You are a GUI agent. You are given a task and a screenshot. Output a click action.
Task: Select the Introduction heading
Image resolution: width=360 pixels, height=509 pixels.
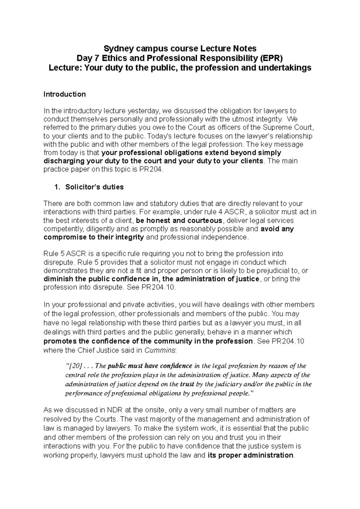pos(64,94)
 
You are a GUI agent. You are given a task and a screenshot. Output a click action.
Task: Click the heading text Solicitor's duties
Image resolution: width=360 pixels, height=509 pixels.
pos(94,187)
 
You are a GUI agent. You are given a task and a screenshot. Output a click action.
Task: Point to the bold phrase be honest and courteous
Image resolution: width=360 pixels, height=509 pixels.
pos(179,221)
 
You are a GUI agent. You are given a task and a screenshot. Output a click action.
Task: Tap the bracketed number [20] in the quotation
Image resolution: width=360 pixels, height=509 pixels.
pos(74,366)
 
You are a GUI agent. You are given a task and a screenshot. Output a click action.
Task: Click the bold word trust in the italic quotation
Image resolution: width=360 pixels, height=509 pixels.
pos(187,384)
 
